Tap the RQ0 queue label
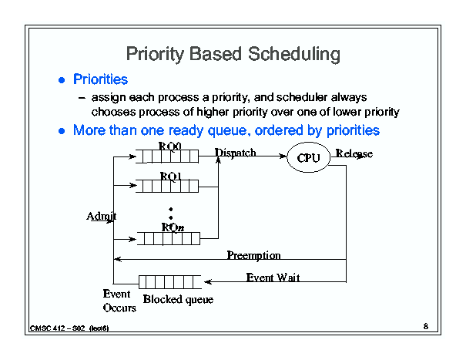click(169, 146)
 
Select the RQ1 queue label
click(170, 177)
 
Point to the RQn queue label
click(173, 227)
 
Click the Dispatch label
click(235, 153)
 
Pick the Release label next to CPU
click(354, 153)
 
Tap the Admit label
click(102, 216)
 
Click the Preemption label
click(254, 255)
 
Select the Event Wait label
click(273, 278)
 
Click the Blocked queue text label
click(178, 299)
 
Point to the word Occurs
click(119, 308)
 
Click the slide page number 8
click(426, 326)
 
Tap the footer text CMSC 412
click(48, 328)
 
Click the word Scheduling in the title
click(294, 55)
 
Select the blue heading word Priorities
click(100, 79)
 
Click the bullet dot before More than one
click(62, 131)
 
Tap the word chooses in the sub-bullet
click(113, 113)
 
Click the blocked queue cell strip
click(170, 282)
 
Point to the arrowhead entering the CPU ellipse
click(283, 156)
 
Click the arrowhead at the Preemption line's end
click(118, 259)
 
